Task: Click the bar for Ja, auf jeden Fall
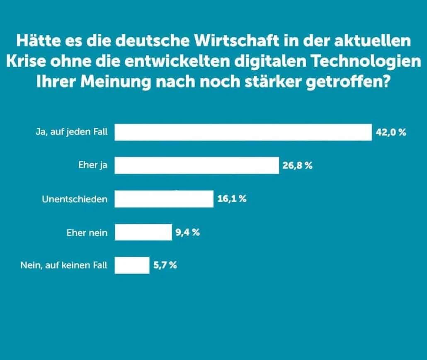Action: point(243,132)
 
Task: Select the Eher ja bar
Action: point(197,165)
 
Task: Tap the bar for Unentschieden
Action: point(164,199)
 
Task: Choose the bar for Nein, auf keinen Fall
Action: point(132,265)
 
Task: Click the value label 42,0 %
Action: point(391,133)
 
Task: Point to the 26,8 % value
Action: point(297,166)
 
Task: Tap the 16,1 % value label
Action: point(232,199)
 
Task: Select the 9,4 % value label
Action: point(188,232)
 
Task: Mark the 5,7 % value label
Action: point(165,265)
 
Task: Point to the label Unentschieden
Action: point(75,199)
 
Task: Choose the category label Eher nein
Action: point(87,232)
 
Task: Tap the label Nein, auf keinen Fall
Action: point(63,266)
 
